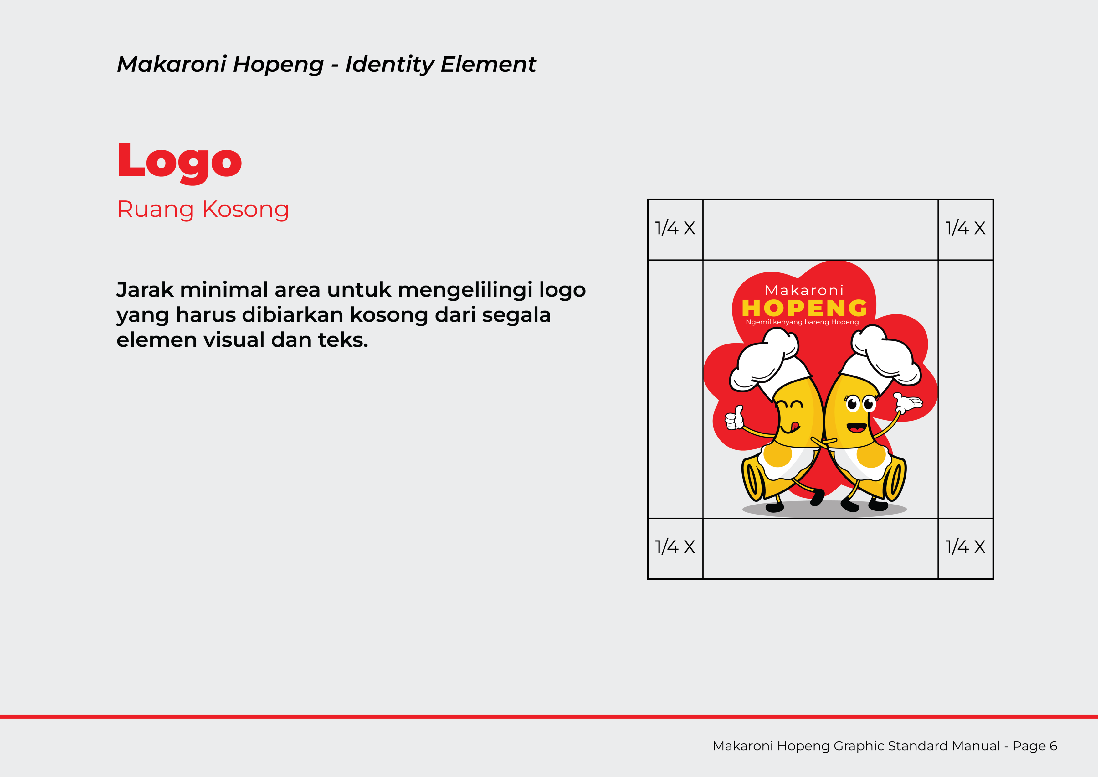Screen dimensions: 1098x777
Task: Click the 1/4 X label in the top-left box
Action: (x=675, y=228)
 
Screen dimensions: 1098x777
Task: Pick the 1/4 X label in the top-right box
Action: (x=965, y=228)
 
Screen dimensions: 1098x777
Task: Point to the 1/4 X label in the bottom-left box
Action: (x=675, y=547)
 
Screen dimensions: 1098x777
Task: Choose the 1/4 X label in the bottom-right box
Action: (x=965, y=547)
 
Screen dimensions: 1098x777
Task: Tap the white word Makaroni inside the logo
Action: (x=804, y=290)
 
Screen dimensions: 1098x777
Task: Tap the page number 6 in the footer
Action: (x=1053, y=746)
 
